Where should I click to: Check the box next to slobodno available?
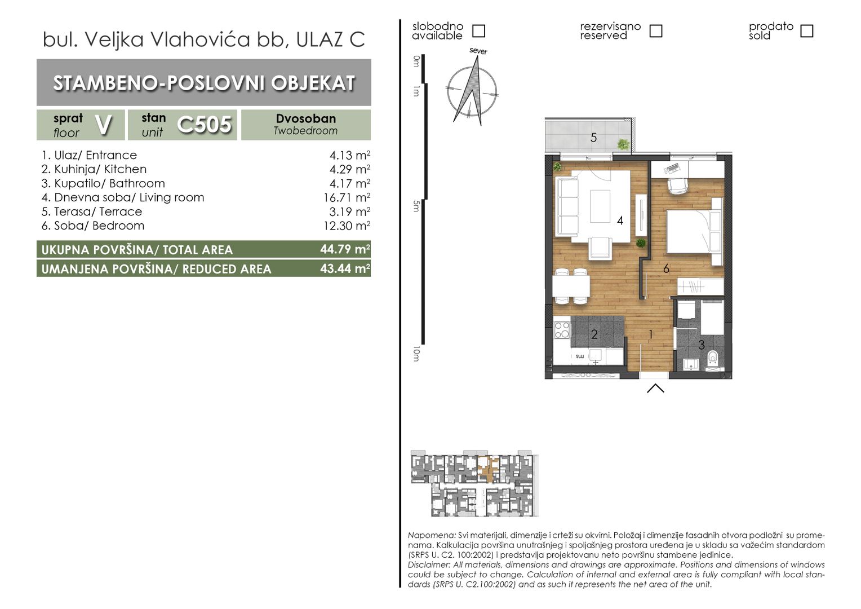click(478, 31)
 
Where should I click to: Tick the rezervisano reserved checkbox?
click(656, 31)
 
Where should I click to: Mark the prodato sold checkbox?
click(807, 31)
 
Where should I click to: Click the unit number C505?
click(204, 125)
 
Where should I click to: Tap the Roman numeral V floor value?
click(103, 125)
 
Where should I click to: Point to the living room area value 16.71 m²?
click(347, 197)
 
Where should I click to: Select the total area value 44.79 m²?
click(345, 249)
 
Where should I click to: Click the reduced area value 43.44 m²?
click(345, 268)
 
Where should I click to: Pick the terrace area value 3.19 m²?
click(350, 211)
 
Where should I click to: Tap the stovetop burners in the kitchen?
click(562, 330)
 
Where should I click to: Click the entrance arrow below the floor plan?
click(655, 388)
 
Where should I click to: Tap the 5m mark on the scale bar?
click(416, 206)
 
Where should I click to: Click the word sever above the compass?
click(478, 51)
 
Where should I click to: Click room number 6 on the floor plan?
click(666, 269)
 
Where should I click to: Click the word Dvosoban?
click(306, 118)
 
